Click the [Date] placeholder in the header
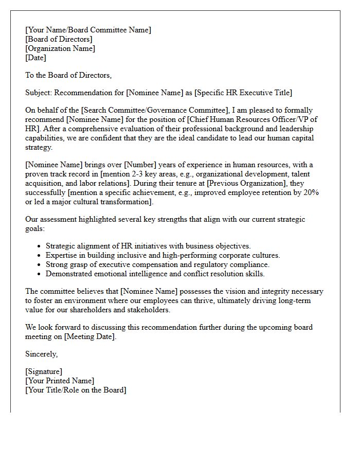(35, 58)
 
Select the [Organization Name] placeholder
(60, 49)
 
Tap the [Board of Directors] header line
(59, 40)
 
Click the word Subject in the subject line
(38, 93)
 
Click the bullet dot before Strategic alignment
(39, 246)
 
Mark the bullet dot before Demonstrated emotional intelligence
(39, 274)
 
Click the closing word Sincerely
(41, 354)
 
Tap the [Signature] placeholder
(44, 371)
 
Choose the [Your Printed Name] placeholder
(60, 381)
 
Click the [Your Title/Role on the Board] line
(76, 390)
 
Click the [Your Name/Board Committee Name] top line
(88, 30)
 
